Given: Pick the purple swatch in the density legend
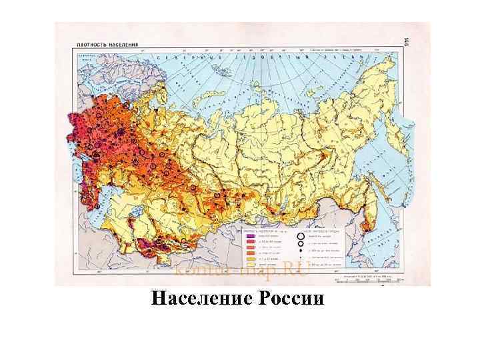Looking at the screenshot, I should [249, 236].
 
